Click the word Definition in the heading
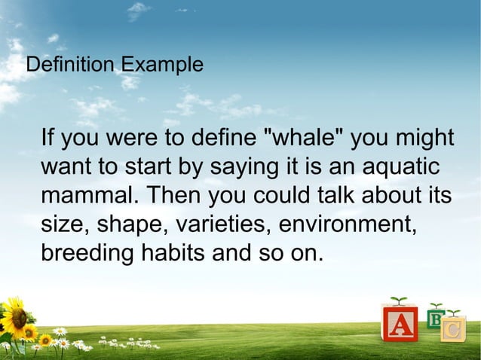click(x=63, y=65)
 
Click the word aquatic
click(x=399, y=167)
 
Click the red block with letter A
click(x=400, y=325)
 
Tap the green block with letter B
click(x=436, y=318)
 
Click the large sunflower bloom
click(x=13, y=316)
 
